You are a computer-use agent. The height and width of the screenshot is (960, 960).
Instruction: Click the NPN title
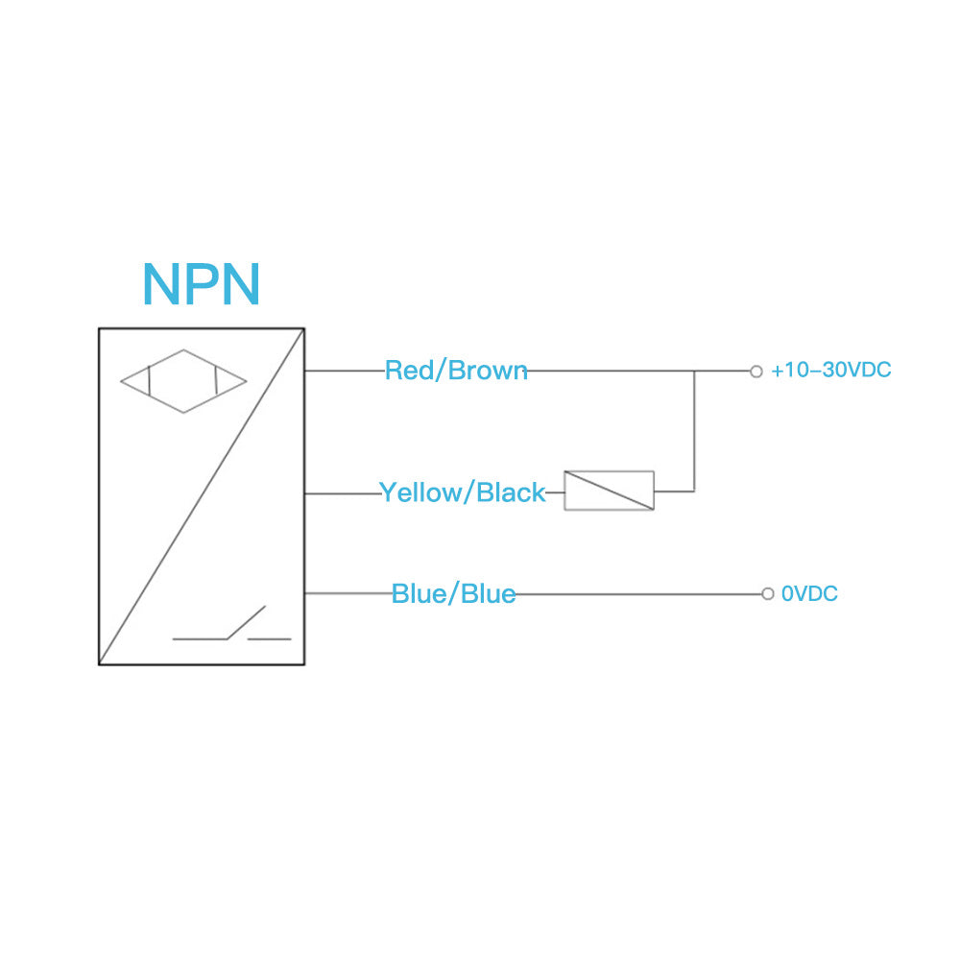[x=201, y=284]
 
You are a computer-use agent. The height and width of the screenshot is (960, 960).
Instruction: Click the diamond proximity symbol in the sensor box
[x=183, y=381]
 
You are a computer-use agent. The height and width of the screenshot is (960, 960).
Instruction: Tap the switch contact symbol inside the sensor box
[x=232, y=628]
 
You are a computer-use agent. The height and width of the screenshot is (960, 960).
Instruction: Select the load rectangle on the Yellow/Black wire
[x=609, y=491]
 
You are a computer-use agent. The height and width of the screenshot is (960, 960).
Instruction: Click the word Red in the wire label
[x=407, y=371]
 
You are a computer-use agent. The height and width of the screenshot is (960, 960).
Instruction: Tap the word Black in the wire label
[x=511, y=492]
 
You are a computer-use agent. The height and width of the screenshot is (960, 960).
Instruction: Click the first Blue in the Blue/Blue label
[x=419, y=594]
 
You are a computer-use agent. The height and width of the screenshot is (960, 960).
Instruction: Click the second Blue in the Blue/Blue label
[x=488, y=594]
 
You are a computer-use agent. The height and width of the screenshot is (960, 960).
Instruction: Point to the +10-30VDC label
[x=830, y=371]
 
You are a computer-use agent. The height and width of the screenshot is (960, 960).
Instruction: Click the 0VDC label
[x=809, y=594]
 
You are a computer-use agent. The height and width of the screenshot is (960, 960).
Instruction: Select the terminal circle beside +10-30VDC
[x=756, y=372]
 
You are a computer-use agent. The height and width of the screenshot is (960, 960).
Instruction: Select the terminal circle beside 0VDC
[x=767, y=593]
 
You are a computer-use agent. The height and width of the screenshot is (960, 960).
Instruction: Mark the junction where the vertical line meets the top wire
[x=694, y=372]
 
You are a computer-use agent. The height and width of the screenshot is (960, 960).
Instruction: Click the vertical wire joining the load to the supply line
[x=694, y=432]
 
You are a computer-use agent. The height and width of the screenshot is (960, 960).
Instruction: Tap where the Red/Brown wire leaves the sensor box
[x=306, y=372]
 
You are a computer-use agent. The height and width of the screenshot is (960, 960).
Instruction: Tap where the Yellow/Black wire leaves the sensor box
[x=306, y=494]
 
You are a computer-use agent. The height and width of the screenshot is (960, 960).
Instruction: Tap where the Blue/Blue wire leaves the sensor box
[x=306, y=593]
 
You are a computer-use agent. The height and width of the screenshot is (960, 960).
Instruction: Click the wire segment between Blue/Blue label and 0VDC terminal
[x=638, y=594]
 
